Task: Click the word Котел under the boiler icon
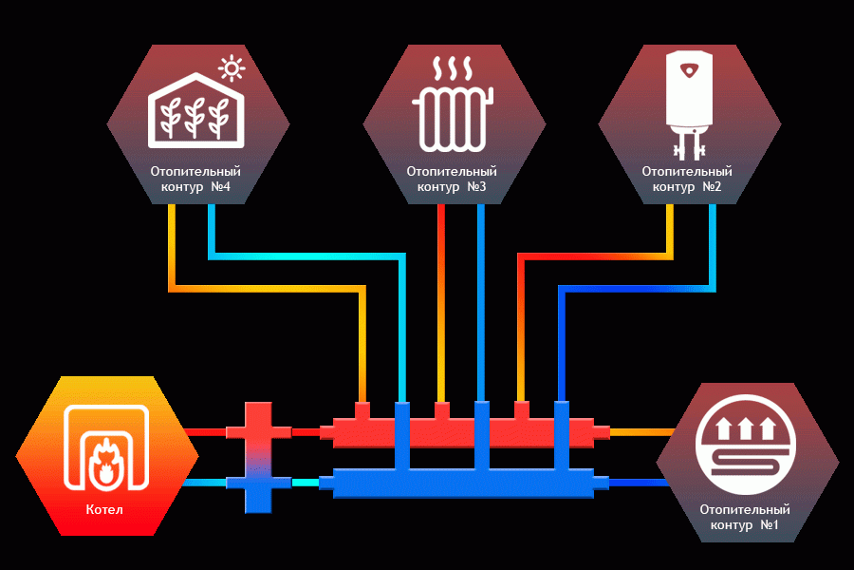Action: click(x=104, y=509)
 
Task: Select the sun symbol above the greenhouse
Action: click(x=232, y=68)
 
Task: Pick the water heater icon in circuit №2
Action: click(x=689, y=104)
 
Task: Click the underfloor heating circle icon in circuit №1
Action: click(x=745, y=445)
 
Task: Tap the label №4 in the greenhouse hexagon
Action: click(x=220, y=186)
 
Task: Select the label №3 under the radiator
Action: click(x=476, y=186)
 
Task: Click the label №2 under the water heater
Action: click(x=712, y=186)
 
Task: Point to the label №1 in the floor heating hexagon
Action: click(x=769, y=524)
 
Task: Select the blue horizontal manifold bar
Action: click(x=464, y=483)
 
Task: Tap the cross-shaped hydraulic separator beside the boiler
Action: click(x=258, y=458)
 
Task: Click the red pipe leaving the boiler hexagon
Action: click(x=205, y=432)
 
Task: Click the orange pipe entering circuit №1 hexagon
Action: click(x=642, y=432)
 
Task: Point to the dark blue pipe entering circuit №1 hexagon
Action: click(x=639, y=483)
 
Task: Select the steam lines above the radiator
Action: click(x=453, y=68)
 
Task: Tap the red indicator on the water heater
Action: click(x=690, y=70)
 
